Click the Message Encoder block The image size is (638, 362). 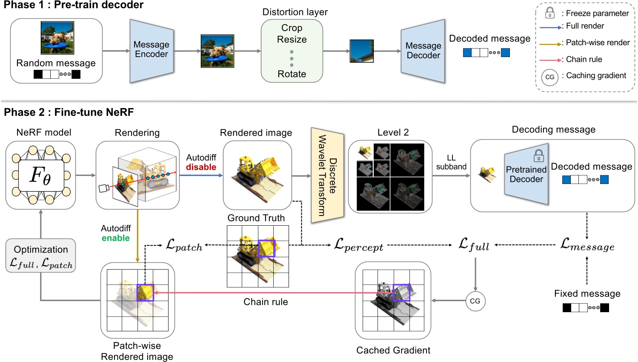coord(152,50)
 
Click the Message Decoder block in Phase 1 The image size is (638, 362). coord(423,51)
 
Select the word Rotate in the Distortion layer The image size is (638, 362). coord(292,74)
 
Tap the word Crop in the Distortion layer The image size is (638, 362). coord(292,28)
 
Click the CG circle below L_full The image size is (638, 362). coord(475,301)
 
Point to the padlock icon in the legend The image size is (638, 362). coord(549,12)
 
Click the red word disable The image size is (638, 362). coord(201,167)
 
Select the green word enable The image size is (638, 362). coord(115,238)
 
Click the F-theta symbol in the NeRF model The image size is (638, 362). coord(40,175)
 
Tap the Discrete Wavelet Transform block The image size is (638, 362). coord(327,175)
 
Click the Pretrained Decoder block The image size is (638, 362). coord(526,174)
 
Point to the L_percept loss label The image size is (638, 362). coord(358,245)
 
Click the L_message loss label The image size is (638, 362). coord(587,244)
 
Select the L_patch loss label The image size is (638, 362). coord(184,245)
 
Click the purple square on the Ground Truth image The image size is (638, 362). coord(266,248)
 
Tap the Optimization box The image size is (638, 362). coord(41,256)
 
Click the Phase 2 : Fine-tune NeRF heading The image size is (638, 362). coord(69,112)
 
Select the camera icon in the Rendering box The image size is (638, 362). coord(103,188)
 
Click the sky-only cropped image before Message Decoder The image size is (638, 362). coord(361,51)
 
